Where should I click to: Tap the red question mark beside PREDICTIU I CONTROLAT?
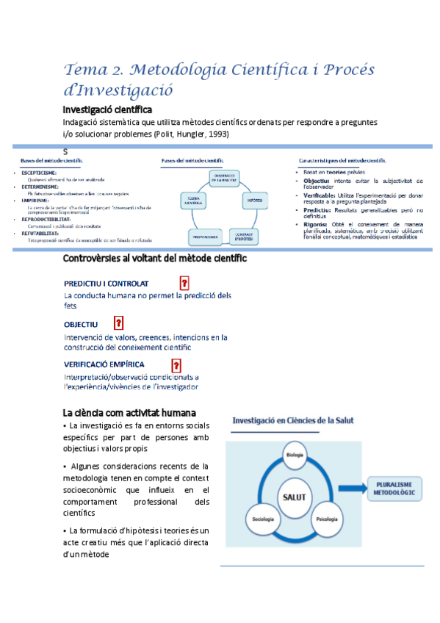pyautogui.click(x=184, y=283)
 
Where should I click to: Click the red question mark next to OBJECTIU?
pyautogui.click(x=118, y=323)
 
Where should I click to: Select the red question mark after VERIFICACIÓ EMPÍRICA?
pyautogui.click(x=176, y=364)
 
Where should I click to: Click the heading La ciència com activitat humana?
pyautogui.click(x=129, y=412)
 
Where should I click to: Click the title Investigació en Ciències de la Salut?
pyautogui.click(x=293, y=421)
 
